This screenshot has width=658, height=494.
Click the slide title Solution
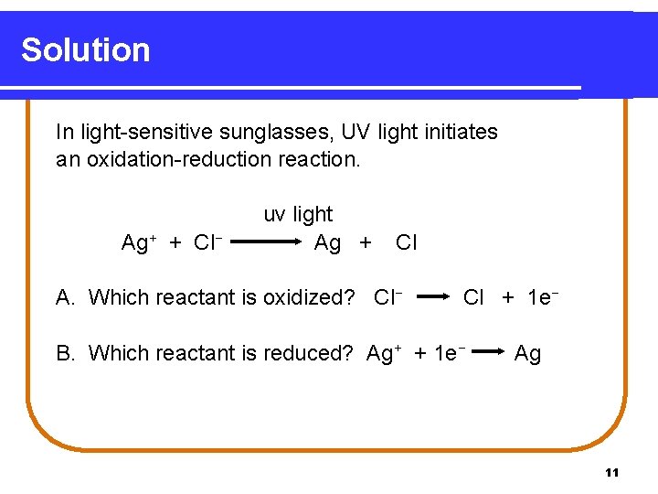point(86,49)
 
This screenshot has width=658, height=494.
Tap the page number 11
point(612,472)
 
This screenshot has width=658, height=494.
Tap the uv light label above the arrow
point(298,214)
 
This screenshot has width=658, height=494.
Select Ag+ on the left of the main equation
point(139,242)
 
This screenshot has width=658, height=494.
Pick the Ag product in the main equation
point(327,242)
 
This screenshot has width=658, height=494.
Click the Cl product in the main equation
point(406,242)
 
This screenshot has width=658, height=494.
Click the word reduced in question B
point(311,352)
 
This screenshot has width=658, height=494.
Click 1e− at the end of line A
point(543,297)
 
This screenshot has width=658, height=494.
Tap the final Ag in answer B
point(527,353)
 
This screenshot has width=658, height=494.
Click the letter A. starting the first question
point(66,297)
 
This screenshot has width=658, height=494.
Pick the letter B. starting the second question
point(66,352)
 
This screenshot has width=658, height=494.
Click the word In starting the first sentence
point(64,132)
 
